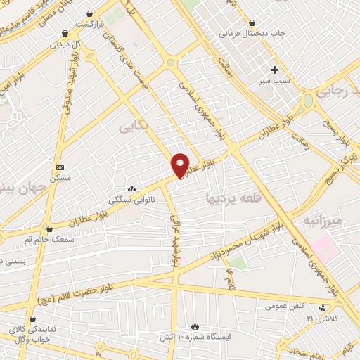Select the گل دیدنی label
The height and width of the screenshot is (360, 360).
pos(65,43)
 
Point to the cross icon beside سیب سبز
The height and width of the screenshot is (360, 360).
pos(274,70)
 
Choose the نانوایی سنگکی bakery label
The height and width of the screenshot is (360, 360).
pos(131,200)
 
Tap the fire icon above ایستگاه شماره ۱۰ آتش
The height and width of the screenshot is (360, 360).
pos(195,328)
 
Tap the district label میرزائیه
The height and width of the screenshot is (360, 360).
pos(321,221)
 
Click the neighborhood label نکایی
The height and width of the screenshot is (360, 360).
pos(134,127)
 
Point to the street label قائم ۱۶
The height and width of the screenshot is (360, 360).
pos(229,277)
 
